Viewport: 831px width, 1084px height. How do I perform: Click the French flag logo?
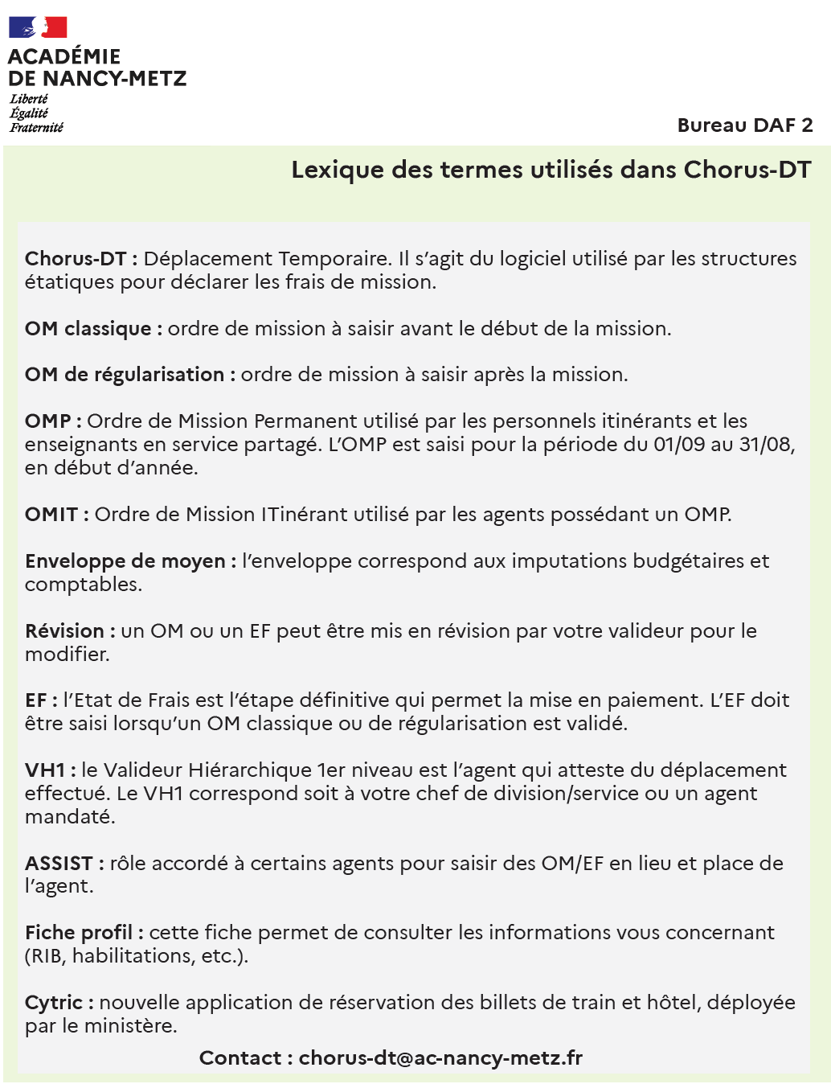click(38, 27)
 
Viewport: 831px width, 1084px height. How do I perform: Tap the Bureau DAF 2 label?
click(745, 125)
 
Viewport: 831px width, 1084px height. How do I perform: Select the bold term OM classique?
click(88, 329)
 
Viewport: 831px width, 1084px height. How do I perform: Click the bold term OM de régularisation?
click(124, 375)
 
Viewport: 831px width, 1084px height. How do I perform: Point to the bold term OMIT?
click(51, 515)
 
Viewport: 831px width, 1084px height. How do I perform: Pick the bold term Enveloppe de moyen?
click(125, 561)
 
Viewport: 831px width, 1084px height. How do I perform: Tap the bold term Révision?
click(64, 631)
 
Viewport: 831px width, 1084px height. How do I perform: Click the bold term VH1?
click(45, 770)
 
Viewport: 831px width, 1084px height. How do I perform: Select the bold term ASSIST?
click(59, 864)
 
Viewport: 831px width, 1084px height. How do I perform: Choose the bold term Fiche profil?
click(79, 933)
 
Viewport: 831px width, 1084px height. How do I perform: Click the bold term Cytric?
click(54, 1003)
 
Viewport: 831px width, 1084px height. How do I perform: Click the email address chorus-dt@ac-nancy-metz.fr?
click(440, 1058)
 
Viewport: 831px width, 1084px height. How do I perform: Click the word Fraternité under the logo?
click(36, 128)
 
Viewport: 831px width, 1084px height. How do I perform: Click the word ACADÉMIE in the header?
click(64, 57)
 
